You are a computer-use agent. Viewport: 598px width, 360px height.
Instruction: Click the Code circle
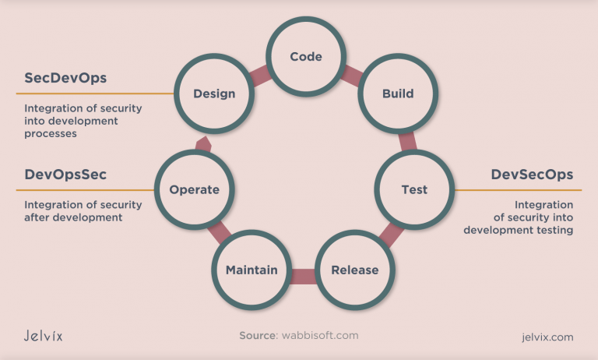(x=305, y=56)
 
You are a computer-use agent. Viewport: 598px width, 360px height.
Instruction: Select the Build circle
(x=397, y=94)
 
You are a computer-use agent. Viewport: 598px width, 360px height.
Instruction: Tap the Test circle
(x=414, y=189)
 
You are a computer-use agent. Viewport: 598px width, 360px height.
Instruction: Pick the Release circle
(x=354, y=270)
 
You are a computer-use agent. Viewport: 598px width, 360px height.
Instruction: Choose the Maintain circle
(x=252, y=270)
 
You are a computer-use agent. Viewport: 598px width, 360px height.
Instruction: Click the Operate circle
(x=194, y=189)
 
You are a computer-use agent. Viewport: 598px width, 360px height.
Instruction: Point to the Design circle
(x=213, y=94)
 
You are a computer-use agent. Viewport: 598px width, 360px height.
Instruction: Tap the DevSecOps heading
(x=532, y=175)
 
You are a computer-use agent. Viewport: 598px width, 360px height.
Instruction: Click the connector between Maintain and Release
(x=303, y=275)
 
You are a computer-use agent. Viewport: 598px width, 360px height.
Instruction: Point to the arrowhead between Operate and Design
(x=204, y=143)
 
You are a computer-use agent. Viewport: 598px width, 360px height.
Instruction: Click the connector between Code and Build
(x=351, y=75)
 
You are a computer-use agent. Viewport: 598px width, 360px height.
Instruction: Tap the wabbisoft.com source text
(x=321, y=336)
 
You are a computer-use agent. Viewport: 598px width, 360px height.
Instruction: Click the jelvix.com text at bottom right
(x=547, y=337)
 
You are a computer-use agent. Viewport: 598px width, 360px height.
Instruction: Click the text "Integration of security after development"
(x=83, y=211)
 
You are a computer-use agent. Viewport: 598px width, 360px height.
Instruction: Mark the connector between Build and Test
(x=407, y=141)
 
